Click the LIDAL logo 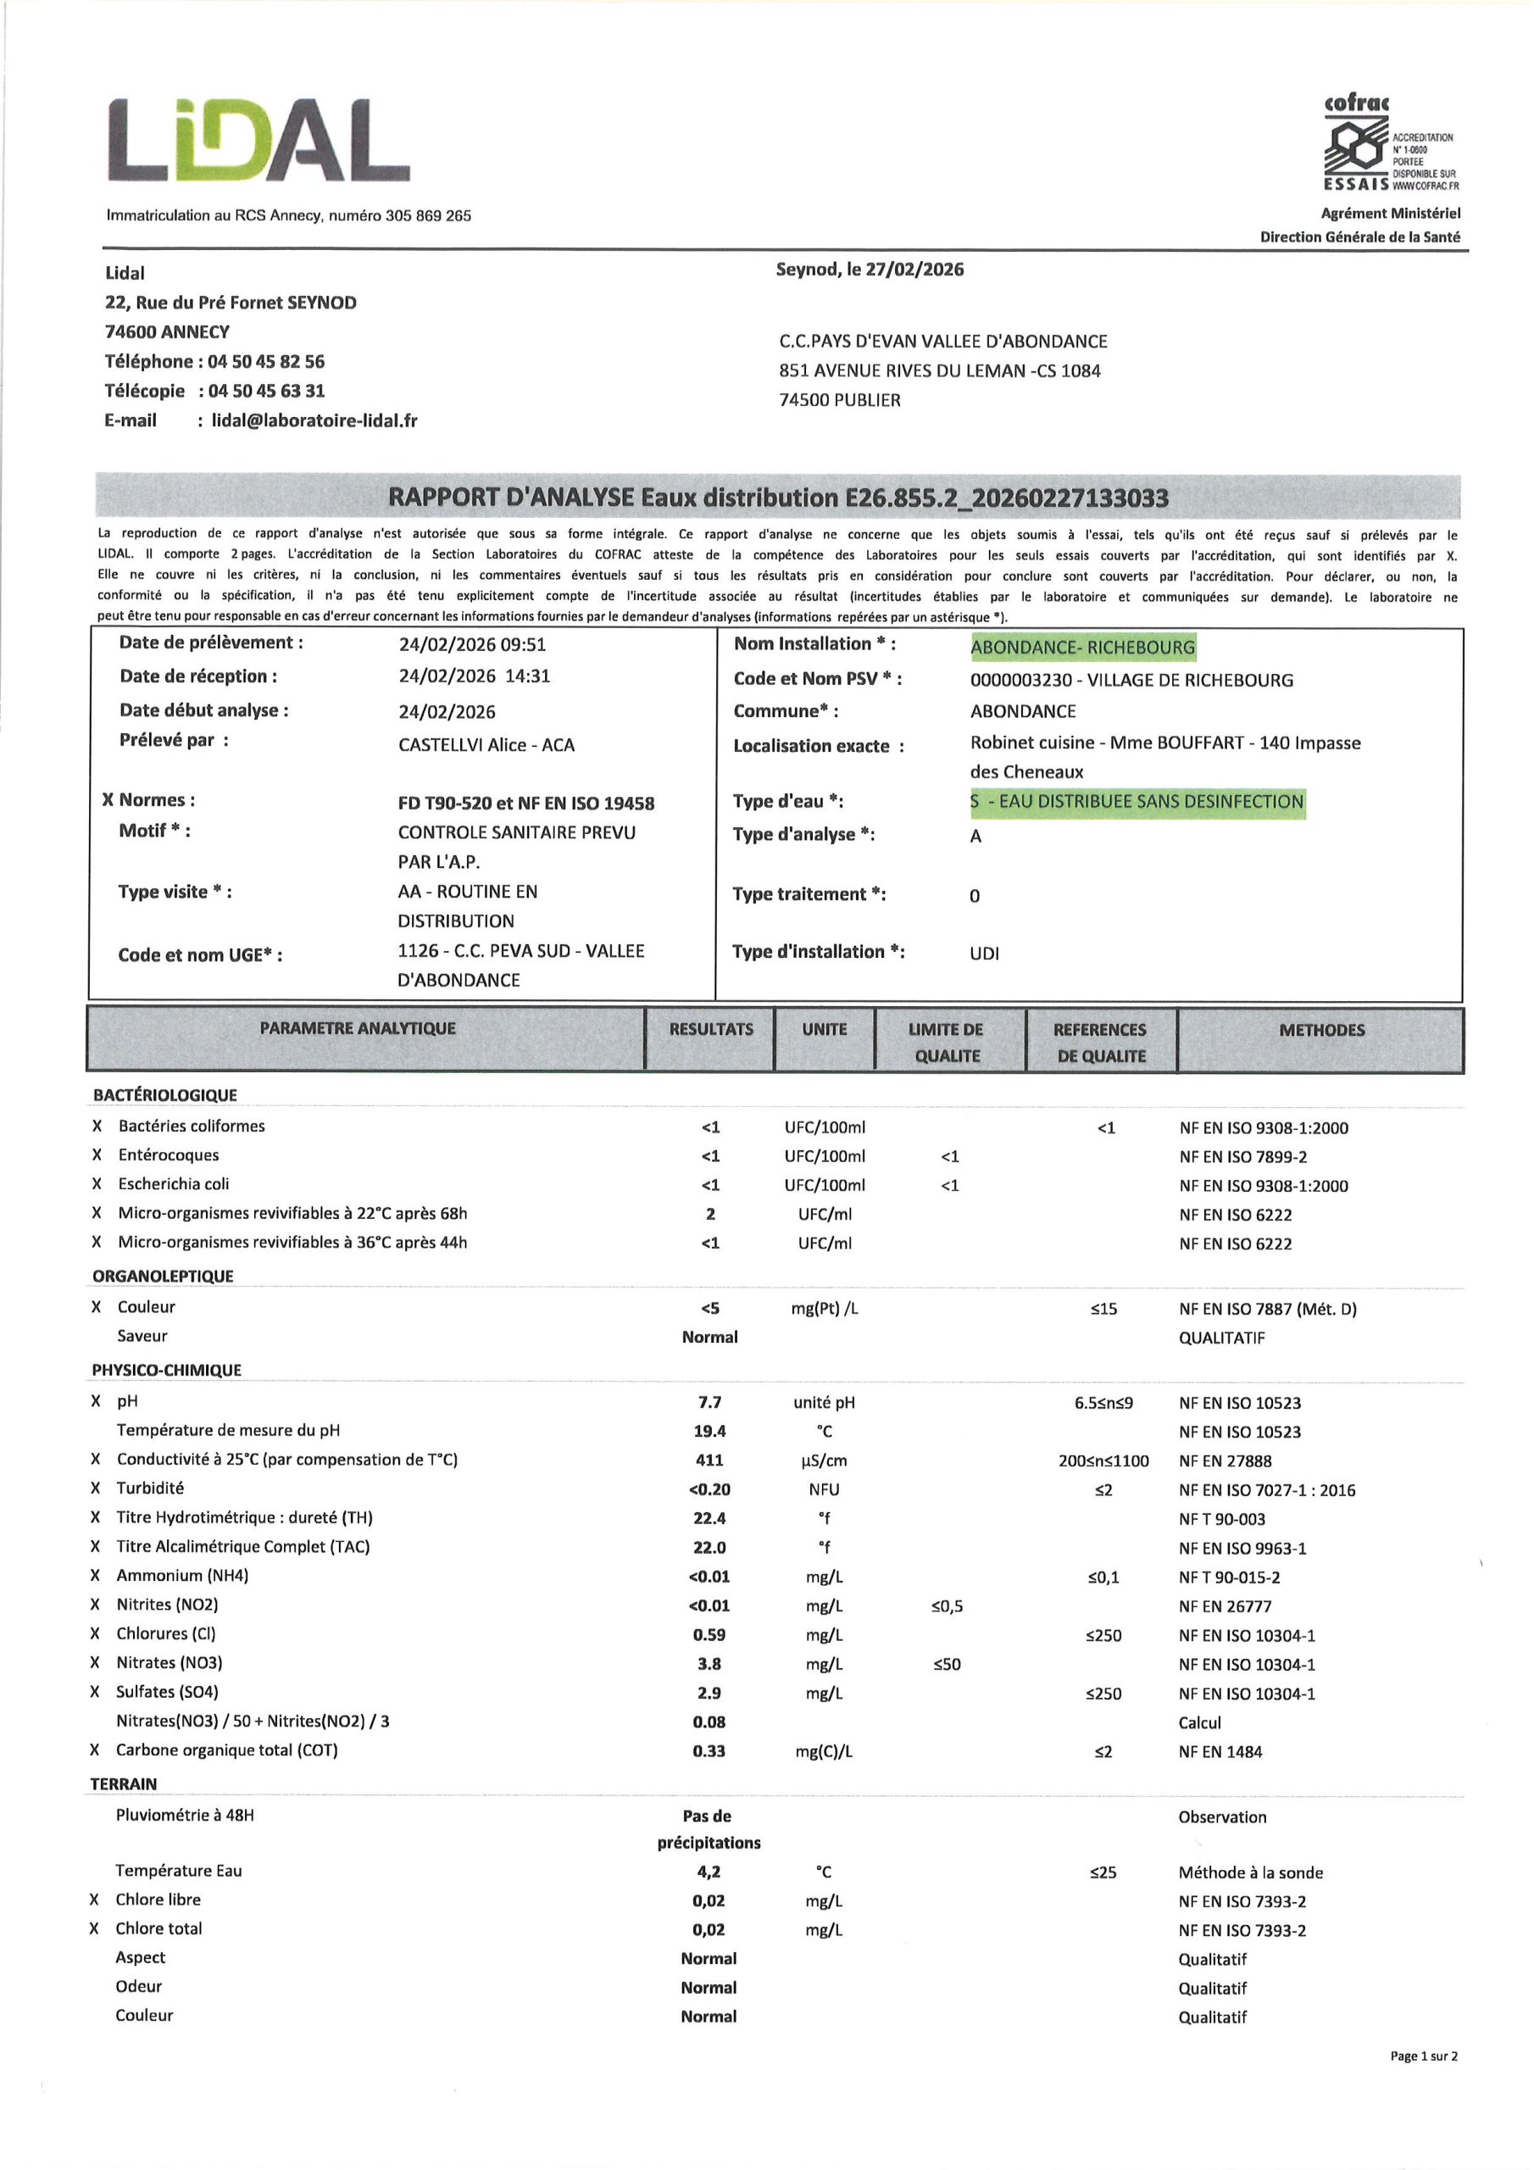tap(258, 140)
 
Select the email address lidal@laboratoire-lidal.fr tap(314, 420)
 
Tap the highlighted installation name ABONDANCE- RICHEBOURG tap(1082, 648)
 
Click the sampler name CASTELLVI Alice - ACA tap(486, 745)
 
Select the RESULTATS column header tap(711, 1029)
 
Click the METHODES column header tap(1321, 1030)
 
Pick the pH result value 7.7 tap(710, 1403)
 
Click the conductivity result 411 tap(710, 1461)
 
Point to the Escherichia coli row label tap(173, 1184)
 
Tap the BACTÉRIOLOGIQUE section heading tap(164, 1095)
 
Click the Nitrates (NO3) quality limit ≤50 tap(946, 1664)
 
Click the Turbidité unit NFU tap(824, 1489)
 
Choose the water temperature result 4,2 tap(709, 1872)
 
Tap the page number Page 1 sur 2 tap(1424, 2056)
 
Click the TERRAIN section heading tap(124, 1783)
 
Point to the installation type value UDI tap(984, 954)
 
